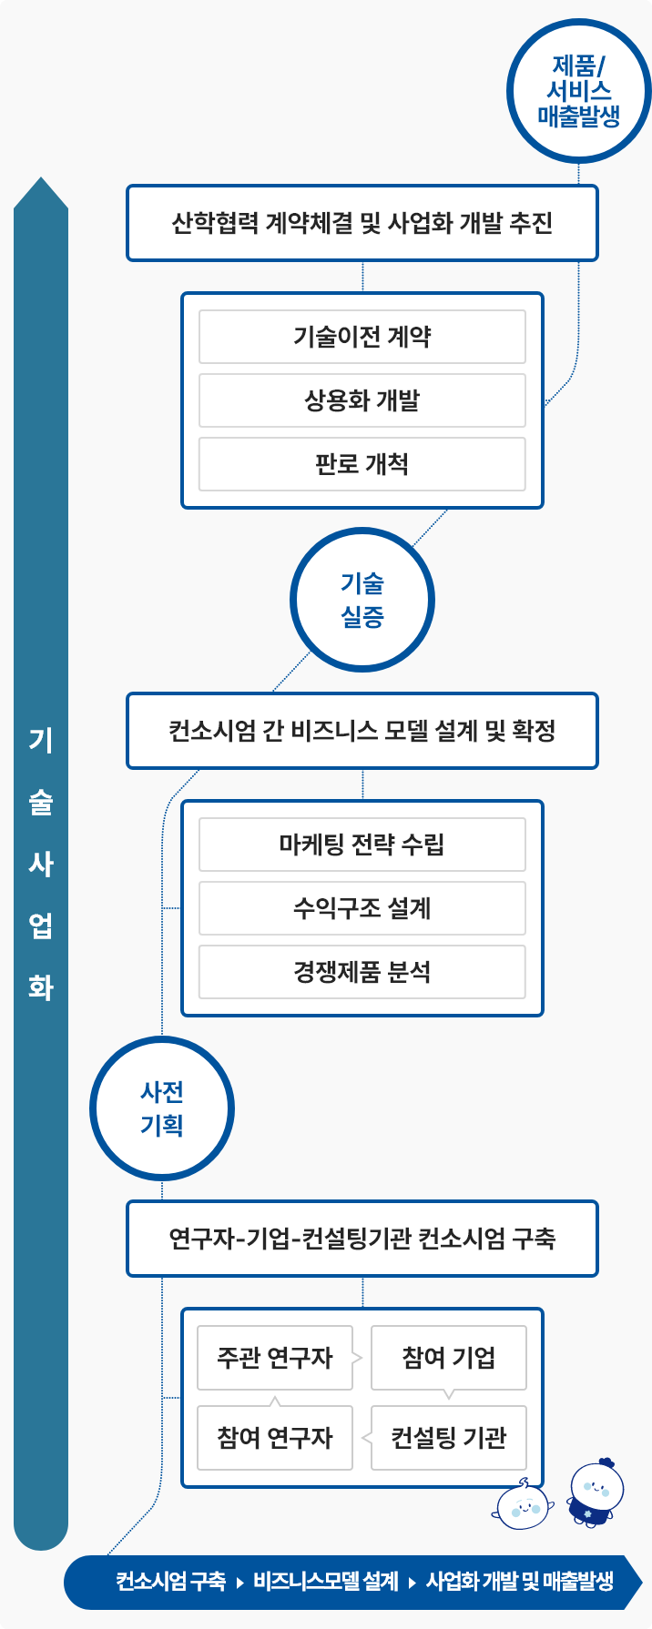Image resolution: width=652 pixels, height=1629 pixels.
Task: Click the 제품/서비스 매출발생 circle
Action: tap(579, 91)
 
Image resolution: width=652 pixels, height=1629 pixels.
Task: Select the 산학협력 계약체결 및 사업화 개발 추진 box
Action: tap(362, 223)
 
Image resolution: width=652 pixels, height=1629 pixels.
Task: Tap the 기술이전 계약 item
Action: tap(362, 337)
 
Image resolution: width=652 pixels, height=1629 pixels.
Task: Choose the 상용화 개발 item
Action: tap(362, 400)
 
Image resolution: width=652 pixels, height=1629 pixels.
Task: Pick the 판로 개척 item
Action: tap(362, 464)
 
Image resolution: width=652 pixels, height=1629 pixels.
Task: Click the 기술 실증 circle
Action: tap(362, 601)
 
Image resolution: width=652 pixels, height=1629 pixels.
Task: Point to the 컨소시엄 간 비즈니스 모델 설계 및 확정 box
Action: tap(362, 731)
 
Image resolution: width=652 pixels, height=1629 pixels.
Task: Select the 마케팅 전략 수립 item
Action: tap(362, 845)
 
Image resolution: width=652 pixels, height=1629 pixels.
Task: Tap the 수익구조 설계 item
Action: tap(362, 908)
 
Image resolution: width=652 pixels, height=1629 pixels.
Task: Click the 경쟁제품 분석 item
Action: tap(362, 972)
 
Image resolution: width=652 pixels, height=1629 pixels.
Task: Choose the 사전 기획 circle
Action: tap(162, 1108)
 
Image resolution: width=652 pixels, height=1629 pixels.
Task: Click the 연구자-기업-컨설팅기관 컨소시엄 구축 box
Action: tap(362, 1239)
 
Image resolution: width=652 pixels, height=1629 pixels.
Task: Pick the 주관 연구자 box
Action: tap(275, 1358)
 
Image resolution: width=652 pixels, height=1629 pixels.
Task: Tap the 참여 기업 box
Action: tap(449, 1358)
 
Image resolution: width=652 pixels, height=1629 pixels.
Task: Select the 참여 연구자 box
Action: tap(275, 1438)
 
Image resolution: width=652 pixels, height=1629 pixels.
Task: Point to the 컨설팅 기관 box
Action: tap(449, 1438)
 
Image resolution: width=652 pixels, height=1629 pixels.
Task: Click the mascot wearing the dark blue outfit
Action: tap(596, 1492)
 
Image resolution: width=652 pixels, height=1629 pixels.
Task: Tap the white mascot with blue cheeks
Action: tap(523, 1504)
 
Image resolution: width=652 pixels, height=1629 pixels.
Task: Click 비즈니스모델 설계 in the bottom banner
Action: tap(326, 1582)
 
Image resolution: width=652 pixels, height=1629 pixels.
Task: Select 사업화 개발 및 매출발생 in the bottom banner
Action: tap(520, 1582)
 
